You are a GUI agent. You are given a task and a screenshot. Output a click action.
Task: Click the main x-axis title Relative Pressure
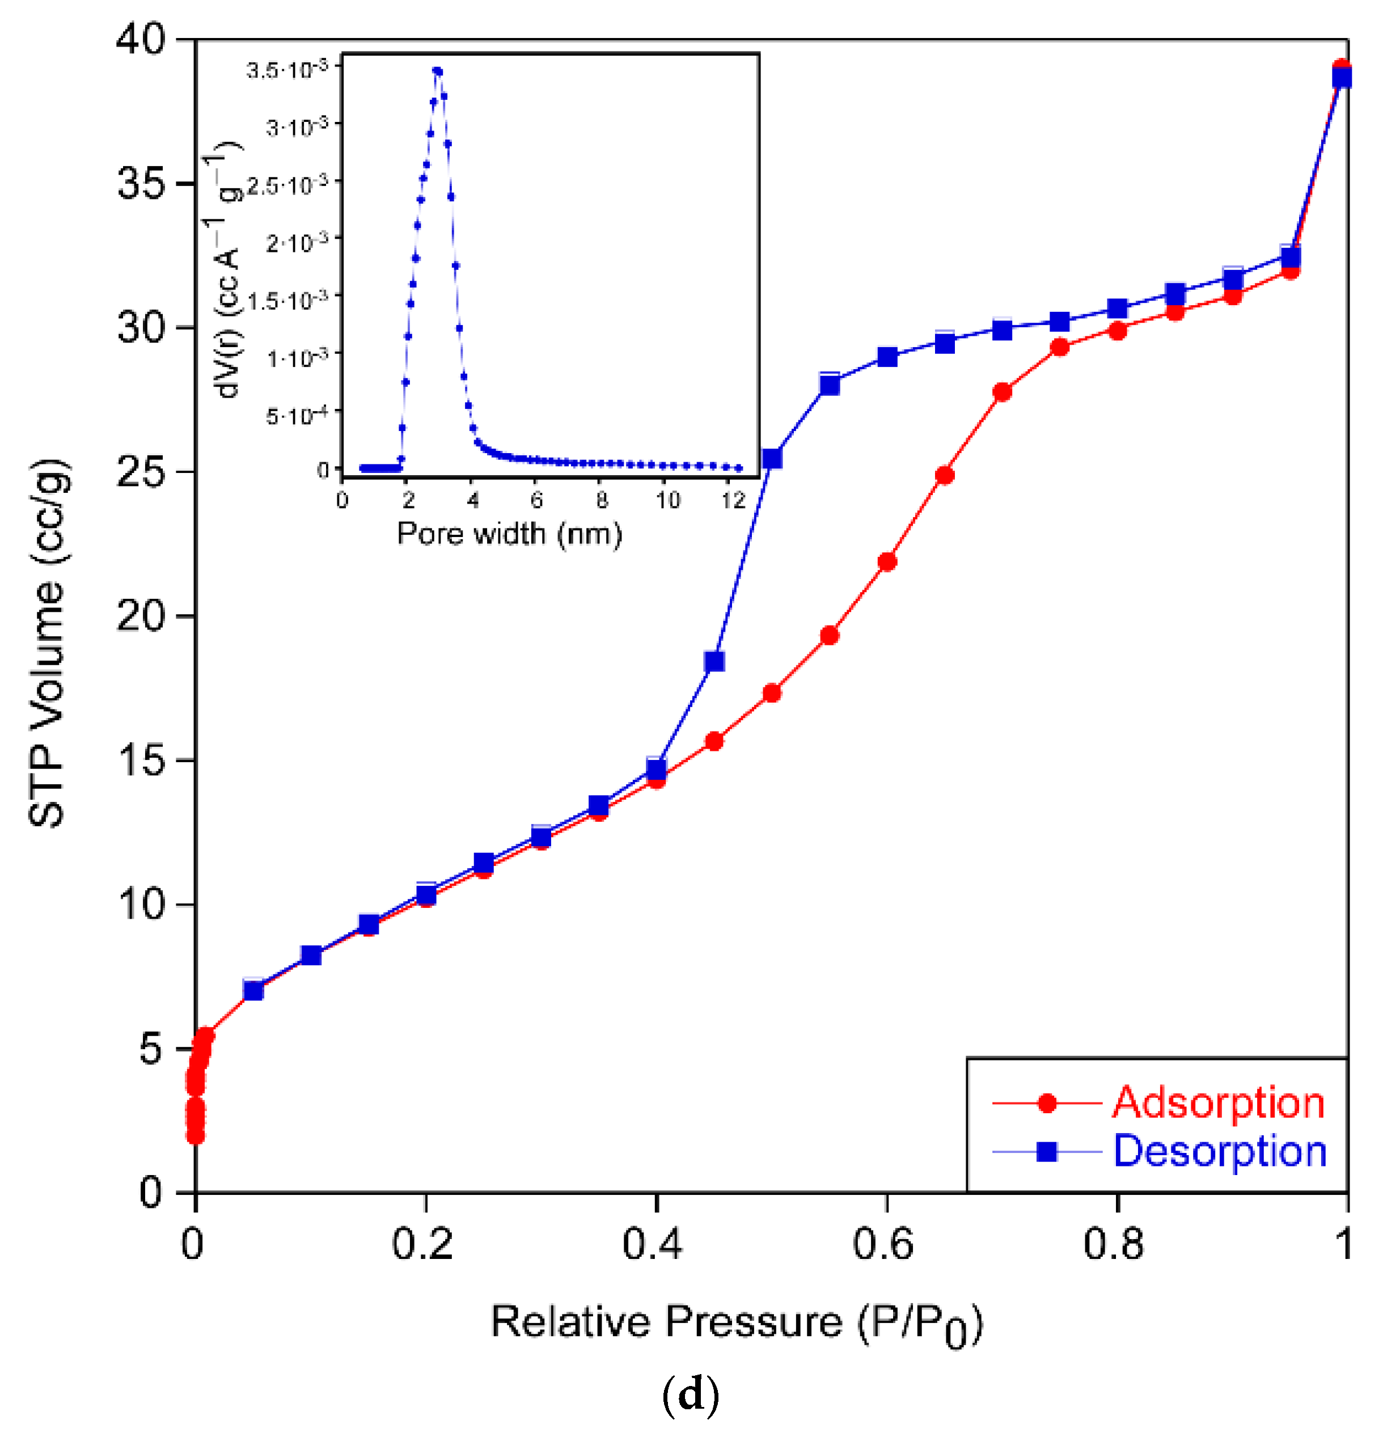pyautogui.click(x=735, y=1324)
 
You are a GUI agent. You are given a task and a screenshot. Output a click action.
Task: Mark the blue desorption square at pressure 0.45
pyautogui.click(x=714, y=661)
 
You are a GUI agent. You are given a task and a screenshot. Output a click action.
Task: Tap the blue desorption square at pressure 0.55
pyautogui.click(x=830, y=384)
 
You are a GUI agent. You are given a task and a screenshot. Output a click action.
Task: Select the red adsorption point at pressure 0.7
pyautogui.click(x=1001, y=392)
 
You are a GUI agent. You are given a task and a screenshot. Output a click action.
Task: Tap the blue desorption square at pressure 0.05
pyautogui.click(x=253, y=990)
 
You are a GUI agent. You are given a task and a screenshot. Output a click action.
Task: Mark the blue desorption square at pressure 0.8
pyautogui.click(x=1117, y=309)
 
